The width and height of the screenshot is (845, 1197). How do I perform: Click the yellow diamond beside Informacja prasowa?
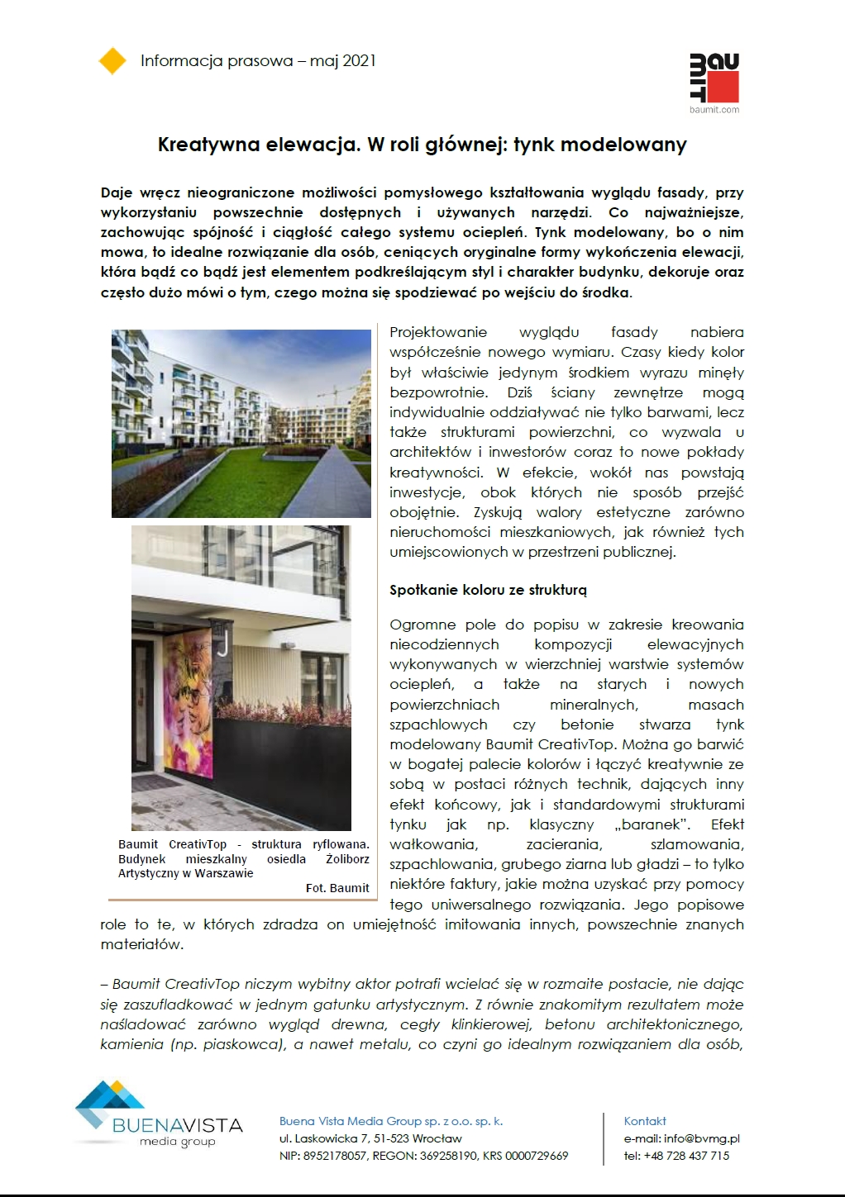tap(112, 61)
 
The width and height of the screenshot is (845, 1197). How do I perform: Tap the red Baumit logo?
tap(714, 78)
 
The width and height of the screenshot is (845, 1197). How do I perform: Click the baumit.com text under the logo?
tap(714, 109)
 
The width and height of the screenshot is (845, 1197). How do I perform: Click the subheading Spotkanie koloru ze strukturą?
tap(488, 590)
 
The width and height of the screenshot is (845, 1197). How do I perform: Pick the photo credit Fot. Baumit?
tap(337, 888)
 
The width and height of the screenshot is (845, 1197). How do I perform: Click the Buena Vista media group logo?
tap(157, 1115)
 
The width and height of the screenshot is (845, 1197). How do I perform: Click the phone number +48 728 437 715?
tap(688, 1156)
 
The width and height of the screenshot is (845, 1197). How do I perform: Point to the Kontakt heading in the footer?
tap(645, 1121)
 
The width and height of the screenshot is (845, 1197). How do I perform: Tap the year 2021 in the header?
tap(359, 60)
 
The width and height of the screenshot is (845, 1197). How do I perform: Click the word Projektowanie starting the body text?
tap(438, 332)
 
